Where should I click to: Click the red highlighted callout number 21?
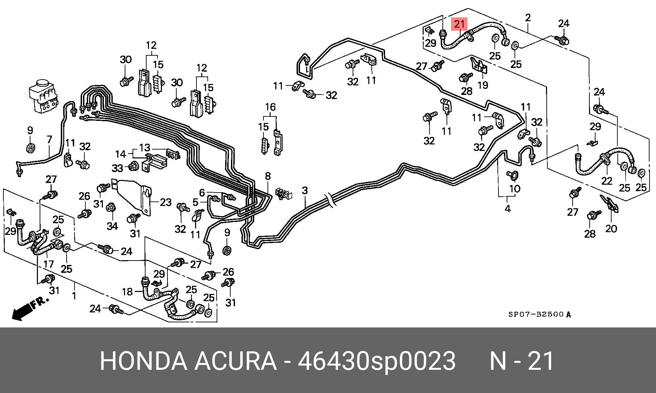(459, 24)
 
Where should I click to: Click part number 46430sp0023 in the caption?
(377, 361)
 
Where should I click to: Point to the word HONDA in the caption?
(143, 361)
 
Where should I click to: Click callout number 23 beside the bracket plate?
(165, 202)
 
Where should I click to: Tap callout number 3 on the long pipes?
(304, 191)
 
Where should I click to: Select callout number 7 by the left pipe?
(50, 139)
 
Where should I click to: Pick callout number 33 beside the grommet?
(117, 168)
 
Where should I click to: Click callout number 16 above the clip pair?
(270, 107)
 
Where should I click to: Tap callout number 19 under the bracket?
(482, 85)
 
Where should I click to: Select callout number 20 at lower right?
(611, 228)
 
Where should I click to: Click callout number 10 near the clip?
(515, 188)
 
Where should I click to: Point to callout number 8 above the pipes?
(268, 176)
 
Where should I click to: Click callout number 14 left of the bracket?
(120, 154)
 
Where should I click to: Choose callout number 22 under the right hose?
(606, 181)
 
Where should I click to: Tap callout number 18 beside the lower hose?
(127, 292)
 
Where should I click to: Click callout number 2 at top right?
(528, 17)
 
